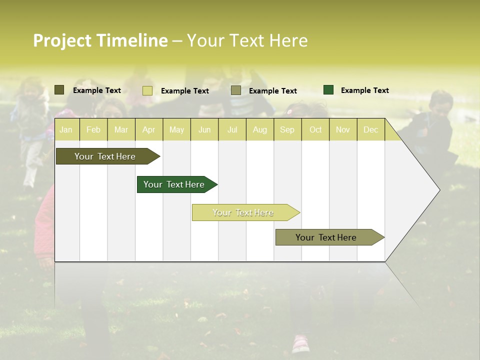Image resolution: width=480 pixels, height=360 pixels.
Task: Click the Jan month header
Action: (66, 129)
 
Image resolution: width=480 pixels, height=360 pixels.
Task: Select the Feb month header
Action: (93, 129)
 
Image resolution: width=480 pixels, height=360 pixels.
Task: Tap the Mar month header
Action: (121, 129)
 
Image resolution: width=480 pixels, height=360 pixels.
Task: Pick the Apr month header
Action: (149, 129)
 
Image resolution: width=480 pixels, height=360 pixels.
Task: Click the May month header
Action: (176, 129)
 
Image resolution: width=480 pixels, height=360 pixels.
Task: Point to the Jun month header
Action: (204, 129)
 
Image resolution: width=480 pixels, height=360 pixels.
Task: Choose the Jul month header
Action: (232, 129)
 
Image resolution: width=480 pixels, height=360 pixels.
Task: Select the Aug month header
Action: (260, 129)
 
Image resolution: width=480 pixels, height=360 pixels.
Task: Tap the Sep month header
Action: (287, 129)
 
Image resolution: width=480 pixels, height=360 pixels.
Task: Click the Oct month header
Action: (315, 129)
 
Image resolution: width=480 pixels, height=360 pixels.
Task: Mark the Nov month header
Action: (343, 129)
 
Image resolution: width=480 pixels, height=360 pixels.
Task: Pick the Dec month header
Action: (370, 129)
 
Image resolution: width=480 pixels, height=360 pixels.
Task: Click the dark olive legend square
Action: (59, 90)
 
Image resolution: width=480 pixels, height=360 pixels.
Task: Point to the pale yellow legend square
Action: (147, 90)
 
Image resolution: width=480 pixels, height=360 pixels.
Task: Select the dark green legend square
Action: (328, 90)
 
